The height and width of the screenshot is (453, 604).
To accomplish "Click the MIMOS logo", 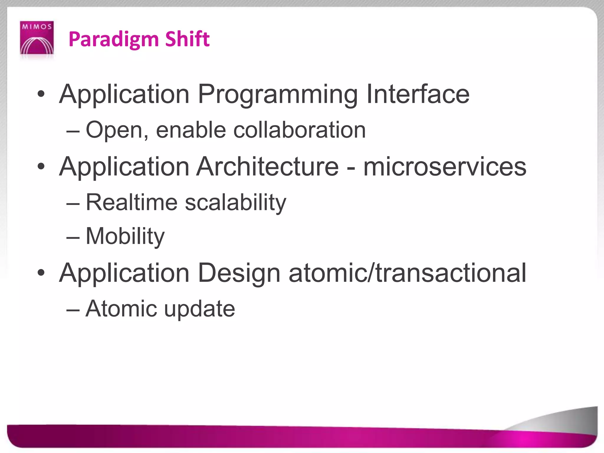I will [x=37, y=38].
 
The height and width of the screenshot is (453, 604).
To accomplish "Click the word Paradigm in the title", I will [x=114, y=39].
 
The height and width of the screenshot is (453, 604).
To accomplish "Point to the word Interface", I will [x=418, y=94].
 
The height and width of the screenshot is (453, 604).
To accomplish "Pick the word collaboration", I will [x=300, y=130].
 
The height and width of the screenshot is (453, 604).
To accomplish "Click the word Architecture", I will [x=268, y=167].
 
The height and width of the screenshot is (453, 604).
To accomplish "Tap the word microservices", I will [x=445, y=167].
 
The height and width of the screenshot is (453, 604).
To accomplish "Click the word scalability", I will [x=236, y=203].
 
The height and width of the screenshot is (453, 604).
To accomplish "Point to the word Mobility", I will [x=125, y=236].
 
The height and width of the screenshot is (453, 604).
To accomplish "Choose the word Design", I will [x=239, y=273].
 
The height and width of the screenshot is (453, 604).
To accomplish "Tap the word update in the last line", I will [x=199, y=309].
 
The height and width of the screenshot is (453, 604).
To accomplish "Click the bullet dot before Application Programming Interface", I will [x=41, y=94].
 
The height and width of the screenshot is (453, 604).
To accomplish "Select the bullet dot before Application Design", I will [x=41, y=273].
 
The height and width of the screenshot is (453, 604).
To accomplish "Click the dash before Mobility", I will [x=73, y=237].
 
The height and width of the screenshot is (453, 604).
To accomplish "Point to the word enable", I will [x=191, y=130].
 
